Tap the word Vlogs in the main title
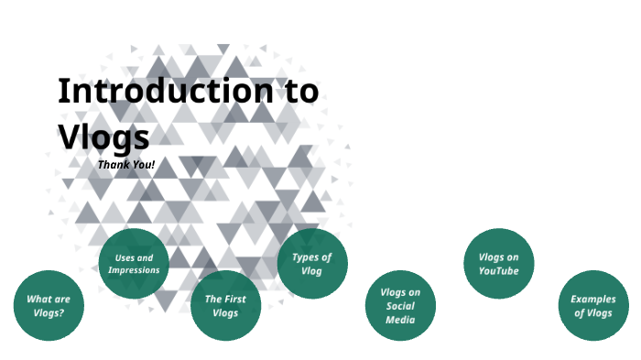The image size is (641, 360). click(x=103, y=136)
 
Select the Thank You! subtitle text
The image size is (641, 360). click(x=126, y=165)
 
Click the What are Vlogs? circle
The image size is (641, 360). click(x=49, y=306)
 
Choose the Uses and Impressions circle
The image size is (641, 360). click(x=134, y=264)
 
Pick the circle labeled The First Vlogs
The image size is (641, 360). click(x=225, y=305)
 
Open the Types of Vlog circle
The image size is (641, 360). click(x=312, y=264)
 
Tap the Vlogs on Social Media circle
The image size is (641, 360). click(x=400, y=306)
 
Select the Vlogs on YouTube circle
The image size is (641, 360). click(x=498, y=264)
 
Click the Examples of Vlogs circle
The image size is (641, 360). click(x=593, y=306)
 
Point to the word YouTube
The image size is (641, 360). click(x=498, y=271)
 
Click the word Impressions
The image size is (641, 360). click(x=134, y=270)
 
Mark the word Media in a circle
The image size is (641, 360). click(x=400, y=321)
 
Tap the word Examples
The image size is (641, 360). click(x=593, y=300)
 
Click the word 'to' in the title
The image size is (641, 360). click(x=298, y=92)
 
